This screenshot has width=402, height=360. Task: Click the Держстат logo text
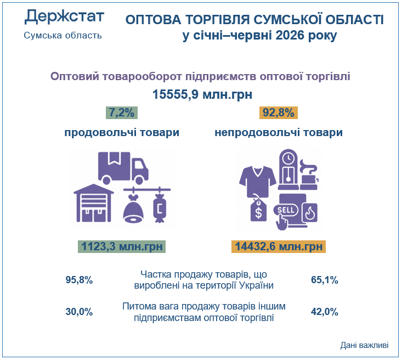[64, 16]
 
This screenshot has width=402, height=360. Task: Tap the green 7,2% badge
[122, 113]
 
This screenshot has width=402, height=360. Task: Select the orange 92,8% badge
[279, 113]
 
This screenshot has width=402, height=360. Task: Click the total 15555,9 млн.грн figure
[202, 94]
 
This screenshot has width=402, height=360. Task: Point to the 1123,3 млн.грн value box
[122, 246]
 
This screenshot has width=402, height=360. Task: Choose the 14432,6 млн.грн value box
[279, 246]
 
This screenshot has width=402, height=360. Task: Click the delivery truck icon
[123, 168]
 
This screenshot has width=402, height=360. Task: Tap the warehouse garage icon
[94, 203]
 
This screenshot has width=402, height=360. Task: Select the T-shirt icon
[258, 182]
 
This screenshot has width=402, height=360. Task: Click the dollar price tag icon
[258, 210]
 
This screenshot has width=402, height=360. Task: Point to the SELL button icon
[286, 210]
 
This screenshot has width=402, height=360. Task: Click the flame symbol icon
[310, 213]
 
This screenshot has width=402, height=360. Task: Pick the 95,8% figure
[79, 280]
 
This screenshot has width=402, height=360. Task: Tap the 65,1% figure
[325, 280]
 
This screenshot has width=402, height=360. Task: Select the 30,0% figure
[79, 312]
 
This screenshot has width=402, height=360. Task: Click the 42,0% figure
[325, 312]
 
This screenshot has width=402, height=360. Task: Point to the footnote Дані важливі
[364, 345]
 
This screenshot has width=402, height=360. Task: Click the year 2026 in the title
[290, 35]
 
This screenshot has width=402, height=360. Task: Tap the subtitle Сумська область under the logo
[63, 36]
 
